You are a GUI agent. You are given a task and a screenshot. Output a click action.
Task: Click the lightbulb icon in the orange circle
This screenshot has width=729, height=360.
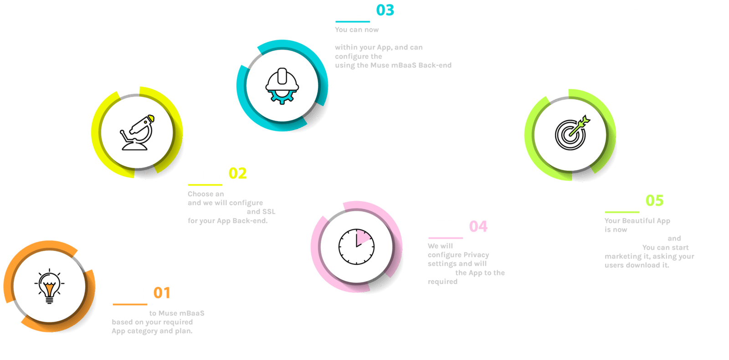[x=49, y=286]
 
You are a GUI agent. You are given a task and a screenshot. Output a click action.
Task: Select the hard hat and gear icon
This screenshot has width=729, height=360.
[x=282, y=86]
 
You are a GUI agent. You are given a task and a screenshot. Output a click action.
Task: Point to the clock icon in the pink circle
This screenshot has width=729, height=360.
[x=356, y=247]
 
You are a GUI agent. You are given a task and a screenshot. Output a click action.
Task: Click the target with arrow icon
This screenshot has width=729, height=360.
[x=571, y=133]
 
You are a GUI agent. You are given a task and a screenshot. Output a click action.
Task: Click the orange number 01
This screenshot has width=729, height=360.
[x=162, y=293]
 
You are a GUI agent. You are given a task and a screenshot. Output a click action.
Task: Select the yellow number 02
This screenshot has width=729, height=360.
[x=238, y=174]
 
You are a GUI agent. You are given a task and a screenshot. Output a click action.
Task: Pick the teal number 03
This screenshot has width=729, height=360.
[x=385, y=10]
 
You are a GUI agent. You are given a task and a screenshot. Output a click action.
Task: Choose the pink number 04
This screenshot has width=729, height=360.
[x=478, y=226]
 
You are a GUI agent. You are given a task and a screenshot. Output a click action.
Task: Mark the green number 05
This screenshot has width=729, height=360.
[x=654, y=201]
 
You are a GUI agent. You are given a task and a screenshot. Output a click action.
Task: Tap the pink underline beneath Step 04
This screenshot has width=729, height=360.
[x=446, y=238]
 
